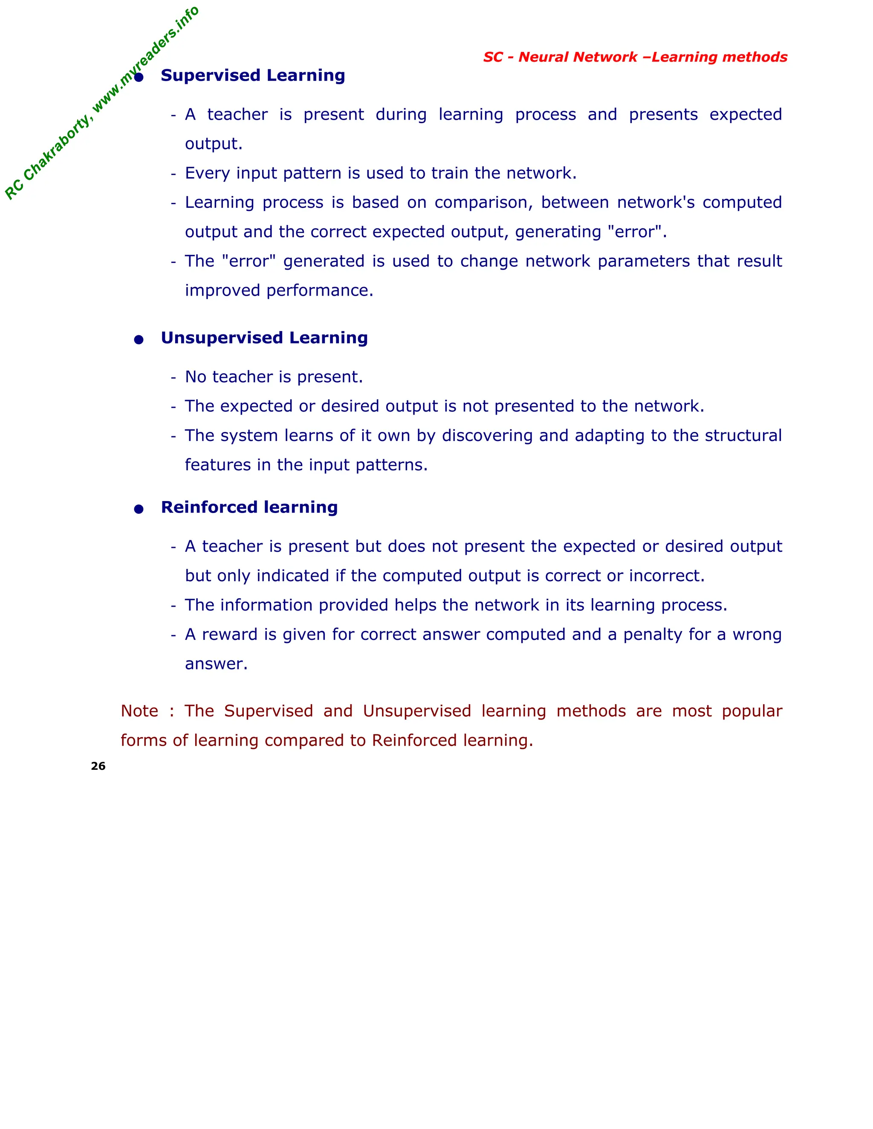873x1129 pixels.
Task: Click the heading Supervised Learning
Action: point(252,75)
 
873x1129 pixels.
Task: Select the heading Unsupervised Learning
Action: point(264,338)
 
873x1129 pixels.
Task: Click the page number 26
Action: point(98,766)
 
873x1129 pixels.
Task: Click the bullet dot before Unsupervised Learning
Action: point(139,340)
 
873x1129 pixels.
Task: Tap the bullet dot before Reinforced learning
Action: point(139,509)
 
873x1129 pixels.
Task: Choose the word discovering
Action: point(487,436)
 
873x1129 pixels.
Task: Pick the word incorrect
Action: point(666,576)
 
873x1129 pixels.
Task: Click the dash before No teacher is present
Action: point(173,377)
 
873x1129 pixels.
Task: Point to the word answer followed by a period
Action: point(216,664)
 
